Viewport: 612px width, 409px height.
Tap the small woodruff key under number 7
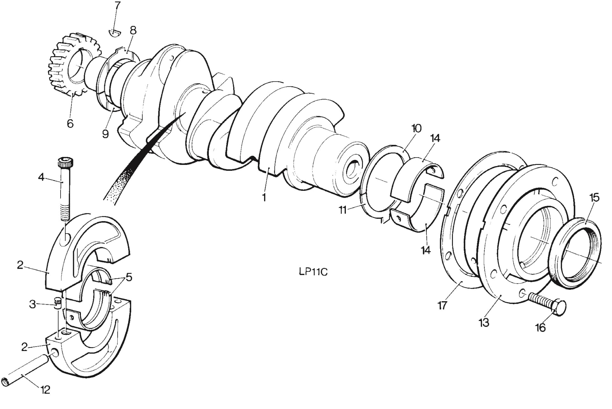pyautogui.click(x=114, y=33)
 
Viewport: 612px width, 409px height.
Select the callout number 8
pyautogui.click(x=133, y=30)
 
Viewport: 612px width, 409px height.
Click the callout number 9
pyautogui.click(x=106, y=133)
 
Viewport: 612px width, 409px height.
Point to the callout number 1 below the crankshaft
pyautogui.click(x=264, y=197)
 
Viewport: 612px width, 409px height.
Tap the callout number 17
pyautogui.click(x=442, y=305)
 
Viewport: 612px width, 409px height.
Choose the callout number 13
pyautogui.click(x=484, y=323)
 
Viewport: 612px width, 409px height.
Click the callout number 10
pyautogui.click(x=416, y=128)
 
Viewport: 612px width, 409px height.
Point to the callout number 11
pyautogui.click(x=343, y=211)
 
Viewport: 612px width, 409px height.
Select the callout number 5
pyautogui.click(x=129, y=277)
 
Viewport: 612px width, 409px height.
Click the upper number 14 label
pyautogui.click(x=435, y=138)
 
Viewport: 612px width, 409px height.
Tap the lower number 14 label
pyautogui.click(x=426, y=250)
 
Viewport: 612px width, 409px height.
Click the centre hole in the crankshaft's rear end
pyautogui.click(x=352, y=171)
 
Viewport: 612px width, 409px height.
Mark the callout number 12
pyautogui.click(x=46, y=390)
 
